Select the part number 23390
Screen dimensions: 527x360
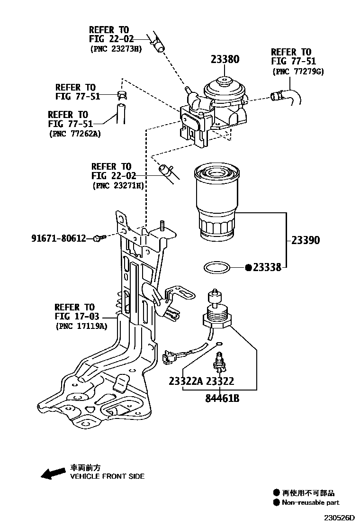(305, 240)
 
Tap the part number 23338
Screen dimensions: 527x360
(267, 268)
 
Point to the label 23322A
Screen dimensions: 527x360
(186, 382)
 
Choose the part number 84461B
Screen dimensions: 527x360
(222, 399)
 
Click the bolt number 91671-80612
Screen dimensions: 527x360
(58, 238)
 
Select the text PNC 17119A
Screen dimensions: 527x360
(81, 326)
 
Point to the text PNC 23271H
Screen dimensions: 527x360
(118, 186)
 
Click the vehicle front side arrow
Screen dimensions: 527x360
(53, 472)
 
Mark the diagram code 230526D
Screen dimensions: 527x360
(339, 518)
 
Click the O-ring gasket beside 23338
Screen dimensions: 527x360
(218, 268)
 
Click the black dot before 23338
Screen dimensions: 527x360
(248, 268)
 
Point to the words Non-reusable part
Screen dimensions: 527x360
(311, 503)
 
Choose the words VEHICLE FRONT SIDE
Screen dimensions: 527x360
(107, 476)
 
